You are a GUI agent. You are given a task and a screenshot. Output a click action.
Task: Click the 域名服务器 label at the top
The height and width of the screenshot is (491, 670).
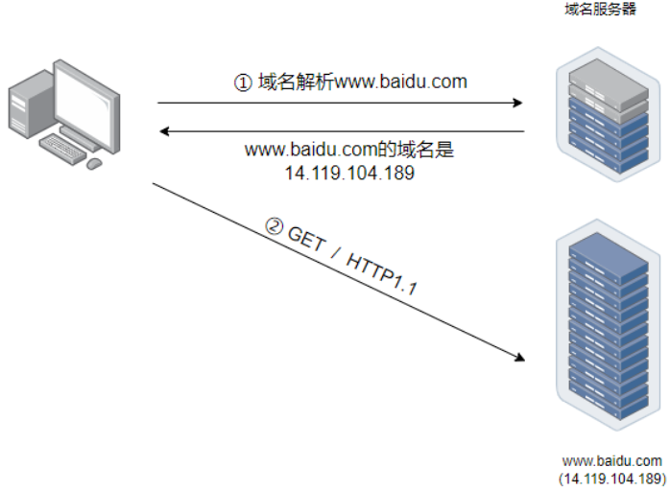tap(600, 10)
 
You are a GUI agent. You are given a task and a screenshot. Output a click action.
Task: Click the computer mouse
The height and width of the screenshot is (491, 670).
tap(94, 164)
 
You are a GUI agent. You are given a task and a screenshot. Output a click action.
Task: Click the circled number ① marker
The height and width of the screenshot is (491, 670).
tap(243, 82)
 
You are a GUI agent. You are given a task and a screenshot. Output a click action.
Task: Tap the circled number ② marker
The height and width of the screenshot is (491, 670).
tap(275, 228)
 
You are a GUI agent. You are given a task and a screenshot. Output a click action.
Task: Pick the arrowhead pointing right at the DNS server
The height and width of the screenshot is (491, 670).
tap(518, 102)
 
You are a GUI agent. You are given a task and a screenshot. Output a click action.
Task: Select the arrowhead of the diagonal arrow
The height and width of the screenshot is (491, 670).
tap(519, 358)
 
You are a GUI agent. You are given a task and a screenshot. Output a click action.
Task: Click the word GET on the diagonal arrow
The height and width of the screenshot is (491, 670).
tap(309, 242)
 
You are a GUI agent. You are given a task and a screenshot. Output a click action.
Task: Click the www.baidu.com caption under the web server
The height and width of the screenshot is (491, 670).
tap(611, 461)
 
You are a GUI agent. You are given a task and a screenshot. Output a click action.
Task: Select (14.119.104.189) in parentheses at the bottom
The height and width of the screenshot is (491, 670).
tap(611, 478)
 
